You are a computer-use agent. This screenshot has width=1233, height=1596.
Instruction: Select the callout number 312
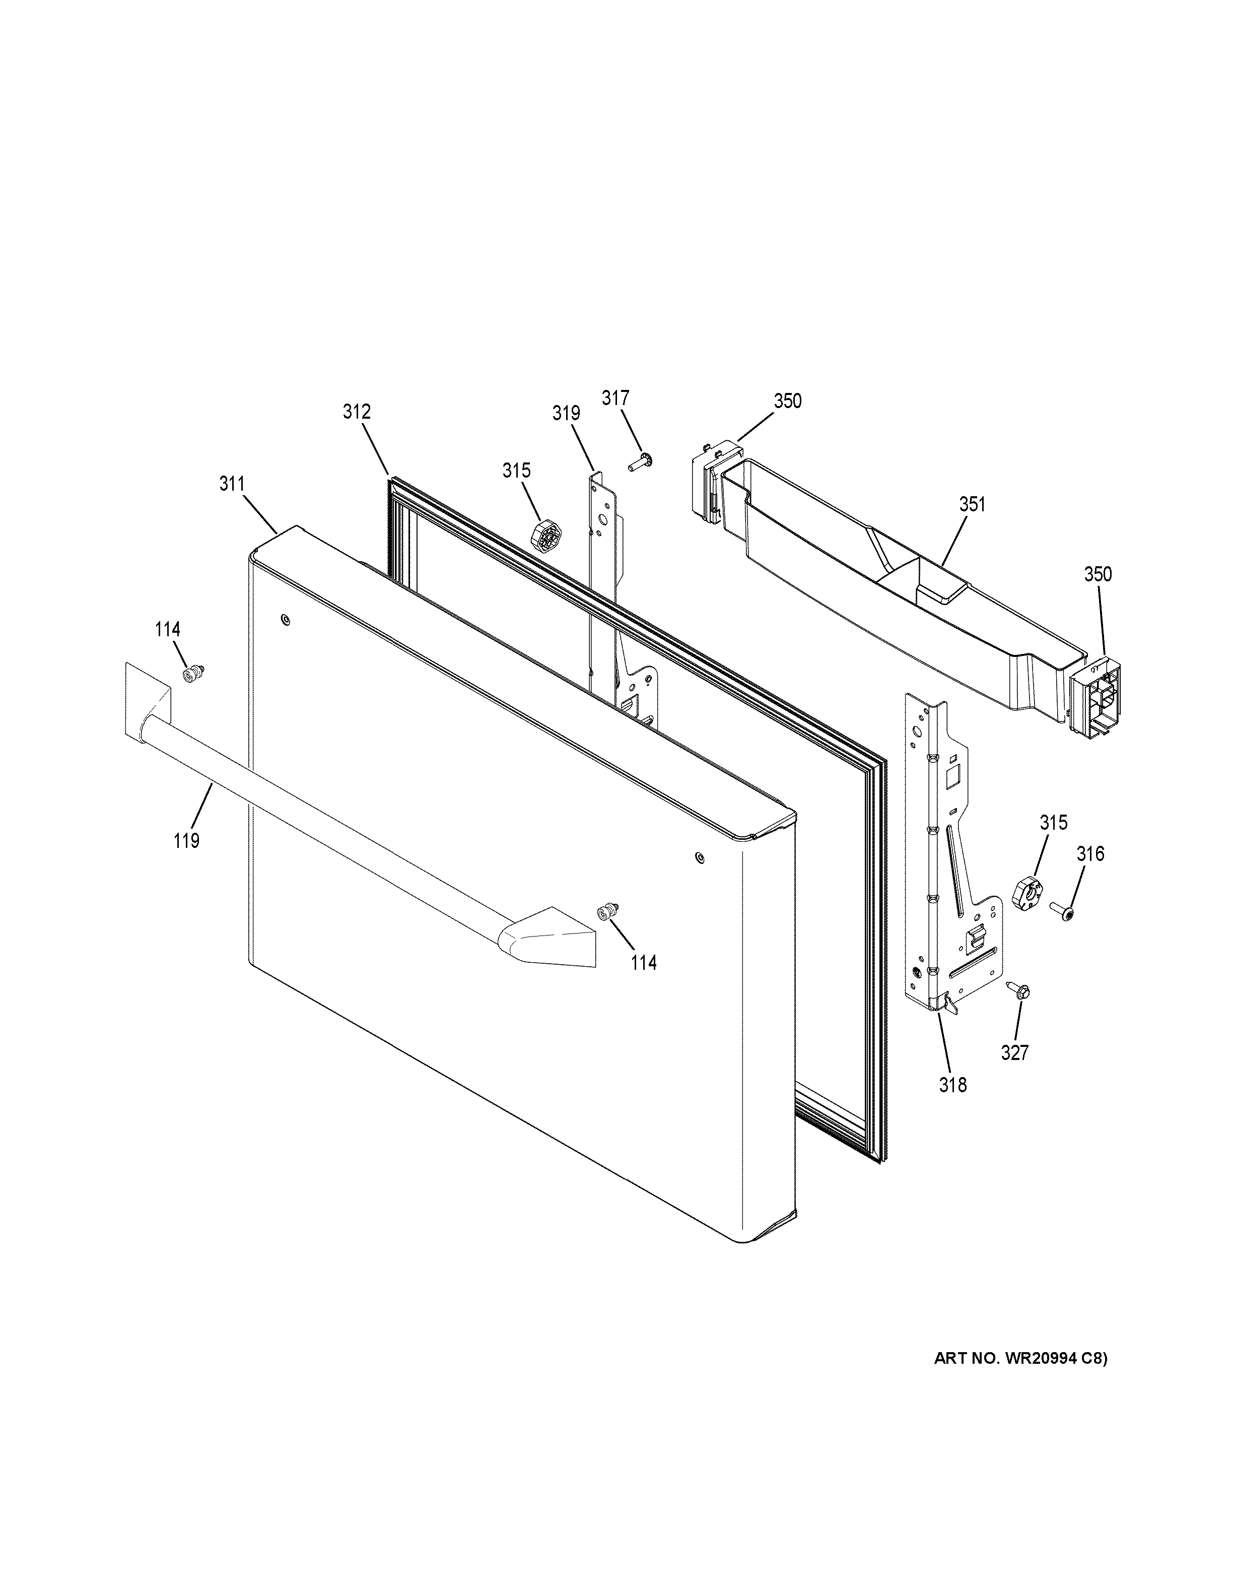357,412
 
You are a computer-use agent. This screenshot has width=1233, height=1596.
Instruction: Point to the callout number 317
615,398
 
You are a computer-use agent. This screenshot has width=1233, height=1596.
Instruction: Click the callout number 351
972,504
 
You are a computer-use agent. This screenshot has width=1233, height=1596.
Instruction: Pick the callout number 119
187,841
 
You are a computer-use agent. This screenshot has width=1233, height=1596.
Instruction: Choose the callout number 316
1090,853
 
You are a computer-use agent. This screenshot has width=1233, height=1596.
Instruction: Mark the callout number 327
1014,1052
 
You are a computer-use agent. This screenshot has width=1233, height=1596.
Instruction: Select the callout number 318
952,1085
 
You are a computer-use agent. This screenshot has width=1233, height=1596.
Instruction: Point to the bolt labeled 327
1017,989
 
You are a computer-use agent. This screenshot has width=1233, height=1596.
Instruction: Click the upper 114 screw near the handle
193,674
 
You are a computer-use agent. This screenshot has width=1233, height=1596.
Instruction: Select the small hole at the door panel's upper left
284,621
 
